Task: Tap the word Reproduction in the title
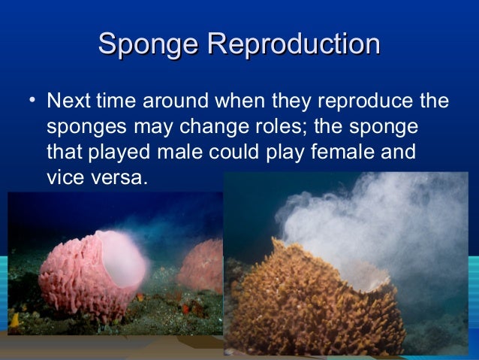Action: (294, 45)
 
